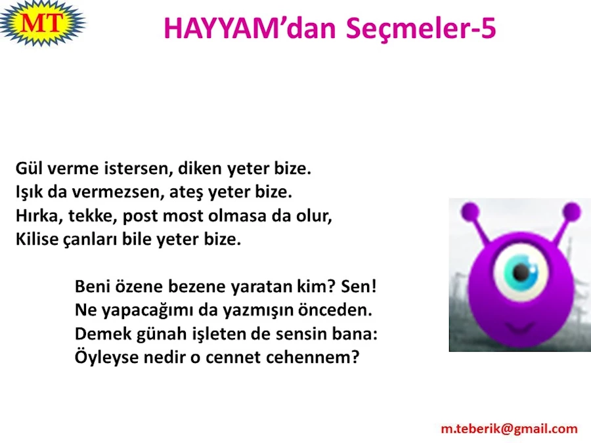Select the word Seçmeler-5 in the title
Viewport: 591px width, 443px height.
421,30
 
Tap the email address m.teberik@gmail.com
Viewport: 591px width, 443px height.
509,429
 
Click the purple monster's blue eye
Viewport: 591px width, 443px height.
521,270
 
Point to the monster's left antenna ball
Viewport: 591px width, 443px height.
470,211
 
